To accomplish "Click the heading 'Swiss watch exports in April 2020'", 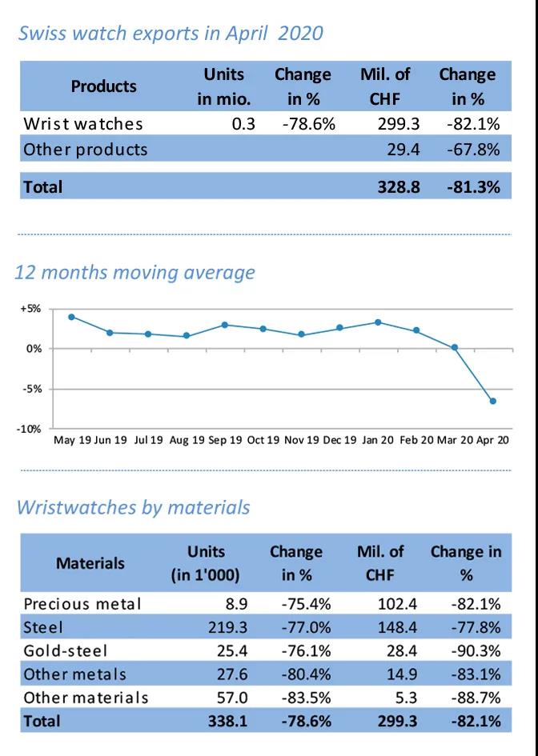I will (x=170, y=34).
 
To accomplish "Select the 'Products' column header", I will (x=103, y=86).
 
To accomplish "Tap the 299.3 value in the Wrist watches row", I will (x=392, y=124).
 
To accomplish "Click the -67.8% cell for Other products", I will (x=476, y=150).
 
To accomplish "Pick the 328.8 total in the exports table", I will (x=392, y=187).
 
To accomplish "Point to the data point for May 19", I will (x=71, y=317).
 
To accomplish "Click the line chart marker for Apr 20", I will (x=492, y=401).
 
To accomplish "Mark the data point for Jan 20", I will (x=378, y=322).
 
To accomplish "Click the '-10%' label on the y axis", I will (x=30, y=429).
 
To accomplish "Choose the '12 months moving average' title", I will (x=134, y=272).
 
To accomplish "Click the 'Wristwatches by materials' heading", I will (x=133, y=507).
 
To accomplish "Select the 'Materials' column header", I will (x=90, y=563).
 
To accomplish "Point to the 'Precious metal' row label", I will (x=82, y=603).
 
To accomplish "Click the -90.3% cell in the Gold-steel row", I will (x=476, y=650).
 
